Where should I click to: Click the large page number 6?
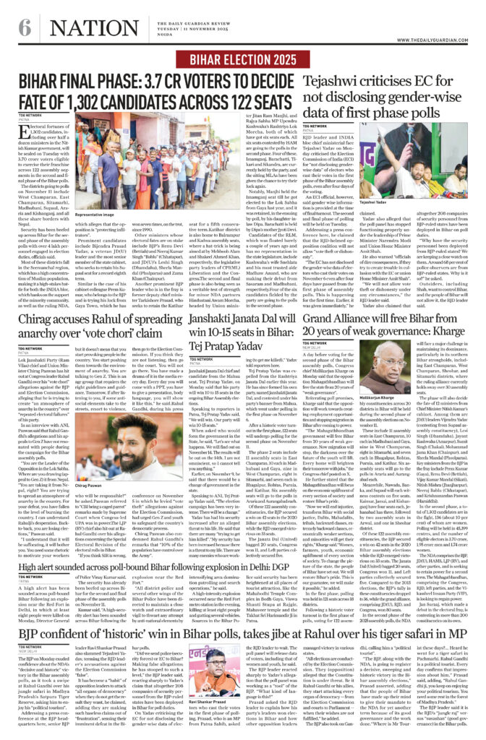[x=25, y=28]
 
